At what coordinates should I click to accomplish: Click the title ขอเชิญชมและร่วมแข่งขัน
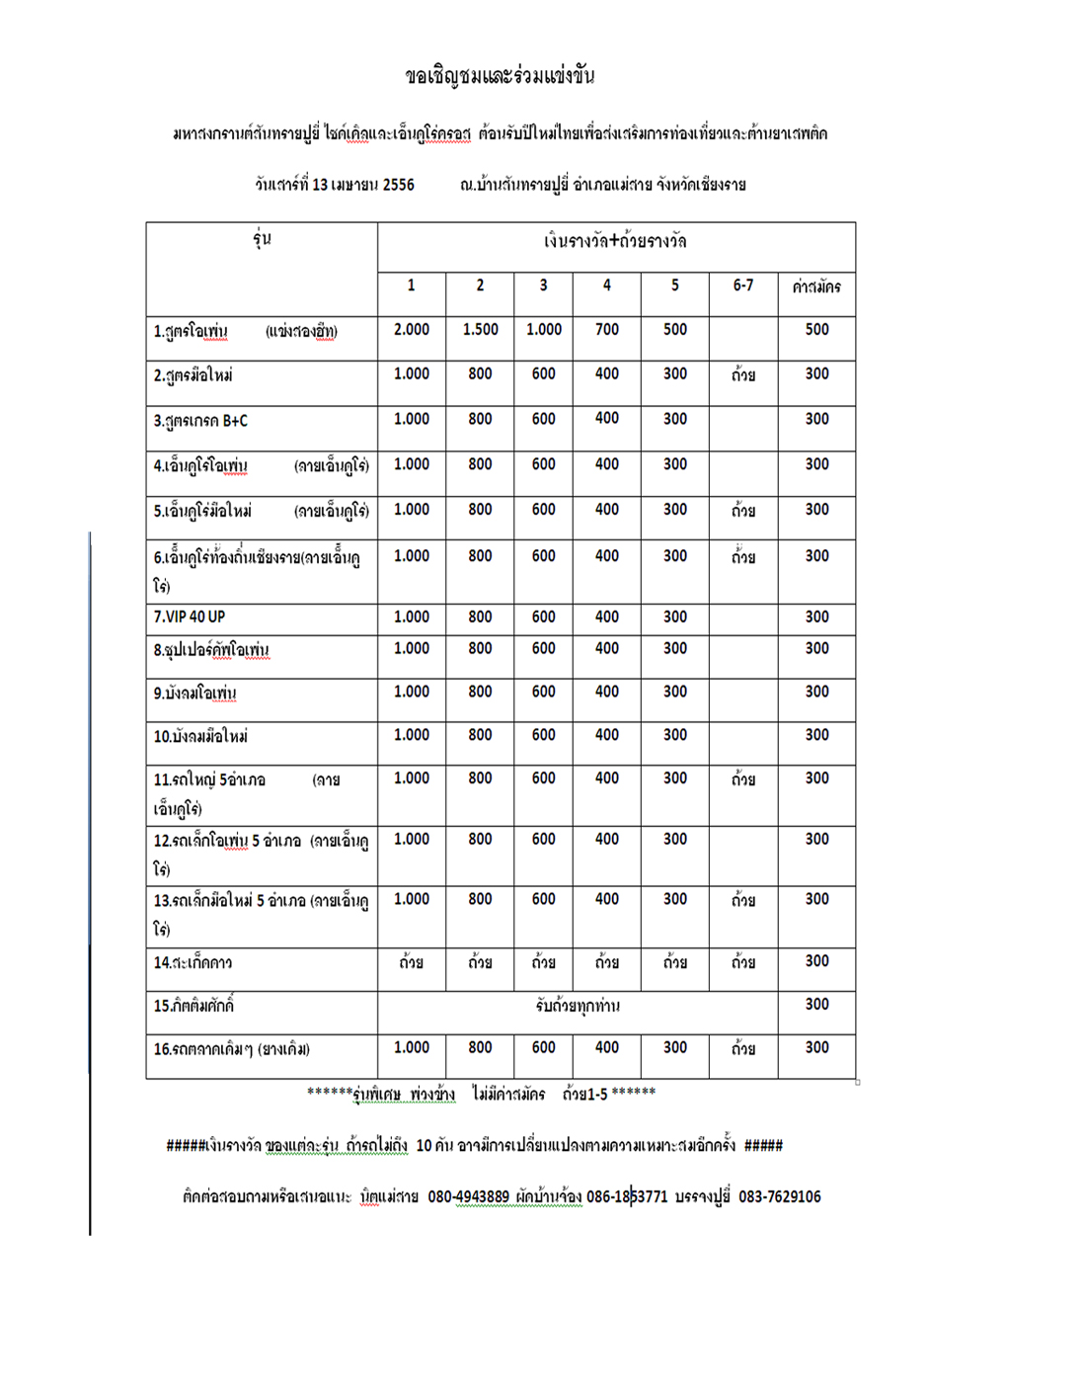(500, 77)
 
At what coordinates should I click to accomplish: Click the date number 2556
(398, 185)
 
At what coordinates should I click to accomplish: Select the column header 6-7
(742, 286)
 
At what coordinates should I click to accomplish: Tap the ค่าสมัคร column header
(816, 287)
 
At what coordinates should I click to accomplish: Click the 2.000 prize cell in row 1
(412, 330)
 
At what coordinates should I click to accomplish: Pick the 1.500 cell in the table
(480, 330)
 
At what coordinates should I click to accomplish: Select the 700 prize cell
(606, 330)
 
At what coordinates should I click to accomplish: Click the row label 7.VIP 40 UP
(190, 617)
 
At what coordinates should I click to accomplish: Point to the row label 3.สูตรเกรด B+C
(200, 421)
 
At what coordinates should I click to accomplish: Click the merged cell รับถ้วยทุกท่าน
(578, 1006)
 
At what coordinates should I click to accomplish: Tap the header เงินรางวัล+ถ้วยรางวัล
(615, 241)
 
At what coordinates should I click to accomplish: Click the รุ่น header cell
(262, 239)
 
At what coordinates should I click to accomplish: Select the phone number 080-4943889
(468, 1197)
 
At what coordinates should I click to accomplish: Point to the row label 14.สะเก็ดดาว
(193, 962)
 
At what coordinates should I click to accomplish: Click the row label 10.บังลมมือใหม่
(200, 737)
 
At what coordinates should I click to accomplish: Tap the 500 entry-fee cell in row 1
(816, 330)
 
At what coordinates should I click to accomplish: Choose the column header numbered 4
(606, 286)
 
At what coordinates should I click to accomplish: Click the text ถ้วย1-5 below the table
(584, 1094)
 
